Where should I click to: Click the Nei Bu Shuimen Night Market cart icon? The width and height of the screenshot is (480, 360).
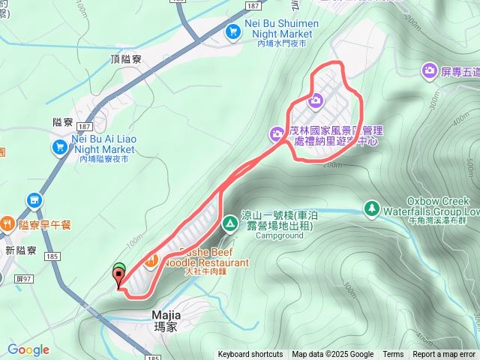(x=233, y=31)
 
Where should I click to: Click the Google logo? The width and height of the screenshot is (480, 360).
(x=28, y=349)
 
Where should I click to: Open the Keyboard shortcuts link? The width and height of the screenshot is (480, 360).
(x=250, y=355)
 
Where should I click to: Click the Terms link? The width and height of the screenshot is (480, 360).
(x=393, y=355)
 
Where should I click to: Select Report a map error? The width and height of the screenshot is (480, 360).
(x=444, y=355)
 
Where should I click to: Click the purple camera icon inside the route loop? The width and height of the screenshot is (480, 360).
(x=316, y=100)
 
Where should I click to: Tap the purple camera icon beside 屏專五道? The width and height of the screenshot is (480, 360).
(x=430, y=70)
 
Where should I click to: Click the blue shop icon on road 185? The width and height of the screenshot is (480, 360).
(x=34, y=200)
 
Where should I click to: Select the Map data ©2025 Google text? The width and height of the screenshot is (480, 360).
(x=332, y=355)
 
